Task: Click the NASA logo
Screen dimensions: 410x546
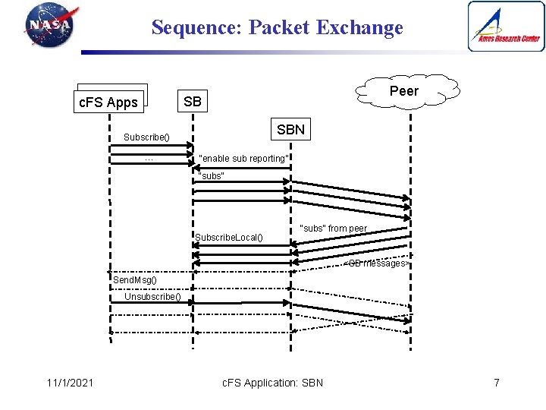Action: coord(50,26)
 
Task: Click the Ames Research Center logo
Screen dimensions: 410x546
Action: coord(506,27)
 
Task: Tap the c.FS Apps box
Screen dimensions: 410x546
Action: coord(109,102)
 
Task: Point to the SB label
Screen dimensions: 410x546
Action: coord(193,101)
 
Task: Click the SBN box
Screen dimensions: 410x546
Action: coord(290,130)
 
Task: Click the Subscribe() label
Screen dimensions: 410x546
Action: coord(146,138)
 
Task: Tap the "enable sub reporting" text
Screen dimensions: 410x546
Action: coord(243,159)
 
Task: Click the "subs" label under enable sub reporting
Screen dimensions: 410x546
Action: coord(210,176)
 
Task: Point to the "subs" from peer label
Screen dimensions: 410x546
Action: coord(334,229)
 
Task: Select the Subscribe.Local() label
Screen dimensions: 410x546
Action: coord(229,238)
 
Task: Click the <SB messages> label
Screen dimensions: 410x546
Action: coord(376,263)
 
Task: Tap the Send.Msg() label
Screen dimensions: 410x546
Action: coord(135,280)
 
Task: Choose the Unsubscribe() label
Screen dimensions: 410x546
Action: coord(152,297)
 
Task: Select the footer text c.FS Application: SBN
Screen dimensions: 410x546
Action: coord(272,382)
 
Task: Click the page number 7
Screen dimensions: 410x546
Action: coord(496,382)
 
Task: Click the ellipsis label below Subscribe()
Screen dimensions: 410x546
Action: coord(149,159)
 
